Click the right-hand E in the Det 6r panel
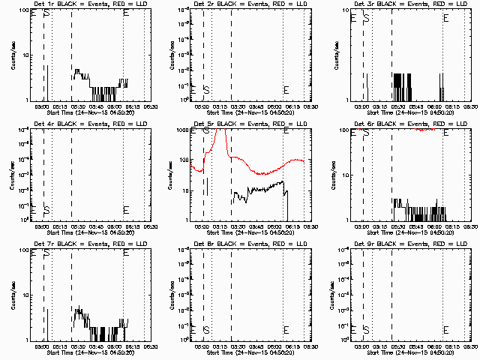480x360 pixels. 447,133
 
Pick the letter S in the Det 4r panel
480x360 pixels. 46,209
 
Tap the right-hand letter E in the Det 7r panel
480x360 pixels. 126,253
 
